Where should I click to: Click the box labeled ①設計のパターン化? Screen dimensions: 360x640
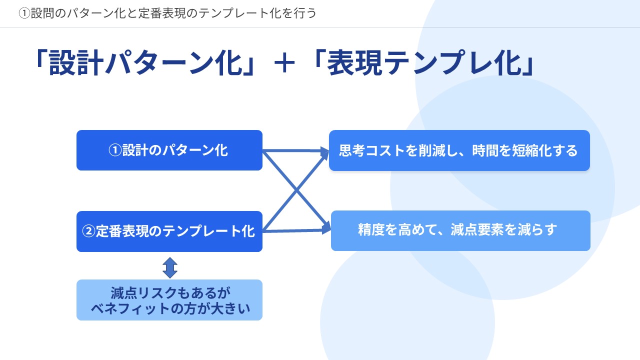tap(169, 150)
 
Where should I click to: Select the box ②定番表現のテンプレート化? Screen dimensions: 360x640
tap(169, 231)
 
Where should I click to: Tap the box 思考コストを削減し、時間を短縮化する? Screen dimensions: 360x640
tap(459, 150)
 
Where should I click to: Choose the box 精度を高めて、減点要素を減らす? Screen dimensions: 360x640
tap(460, 230)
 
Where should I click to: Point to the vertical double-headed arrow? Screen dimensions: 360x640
tap(170, 267)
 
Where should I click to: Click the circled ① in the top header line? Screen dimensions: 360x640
tap(24, 13)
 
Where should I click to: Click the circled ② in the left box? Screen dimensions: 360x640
tap(88, 231)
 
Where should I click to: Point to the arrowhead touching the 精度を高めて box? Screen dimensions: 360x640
tap(325, 228)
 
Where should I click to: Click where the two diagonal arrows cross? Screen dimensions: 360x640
tap(296, 190)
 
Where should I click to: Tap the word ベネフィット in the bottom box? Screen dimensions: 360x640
tap(130, 309)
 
